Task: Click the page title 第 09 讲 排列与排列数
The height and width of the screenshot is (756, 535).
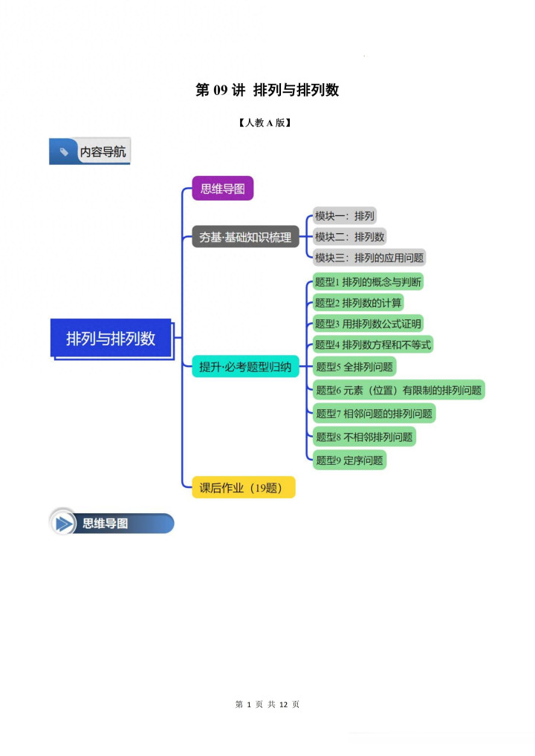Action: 267,90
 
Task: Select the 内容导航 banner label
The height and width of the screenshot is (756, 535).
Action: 103,151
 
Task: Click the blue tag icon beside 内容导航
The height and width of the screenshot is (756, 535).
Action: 64,151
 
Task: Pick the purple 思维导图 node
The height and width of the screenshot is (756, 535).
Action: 222,189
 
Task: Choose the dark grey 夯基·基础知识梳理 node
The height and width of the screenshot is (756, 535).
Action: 245,238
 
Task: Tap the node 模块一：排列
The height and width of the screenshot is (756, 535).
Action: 345,216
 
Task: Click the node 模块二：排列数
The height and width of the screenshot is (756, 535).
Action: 349,237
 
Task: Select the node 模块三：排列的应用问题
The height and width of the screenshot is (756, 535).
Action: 369,258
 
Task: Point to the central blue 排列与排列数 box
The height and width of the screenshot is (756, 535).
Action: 111,338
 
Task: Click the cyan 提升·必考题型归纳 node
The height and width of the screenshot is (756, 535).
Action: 245,366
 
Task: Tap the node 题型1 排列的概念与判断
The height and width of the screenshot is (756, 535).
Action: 369,282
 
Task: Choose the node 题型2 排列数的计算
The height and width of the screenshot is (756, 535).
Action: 358,303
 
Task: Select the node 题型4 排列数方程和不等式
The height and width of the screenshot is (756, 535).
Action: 372,345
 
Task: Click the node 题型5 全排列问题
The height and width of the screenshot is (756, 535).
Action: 354,366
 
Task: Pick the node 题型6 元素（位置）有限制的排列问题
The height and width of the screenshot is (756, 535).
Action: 398,390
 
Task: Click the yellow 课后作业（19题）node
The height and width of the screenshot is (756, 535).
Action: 243,488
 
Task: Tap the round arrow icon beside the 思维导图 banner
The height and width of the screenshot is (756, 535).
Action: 65,524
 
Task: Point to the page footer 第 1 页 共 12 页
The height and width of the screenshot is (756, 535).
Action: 267,704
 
